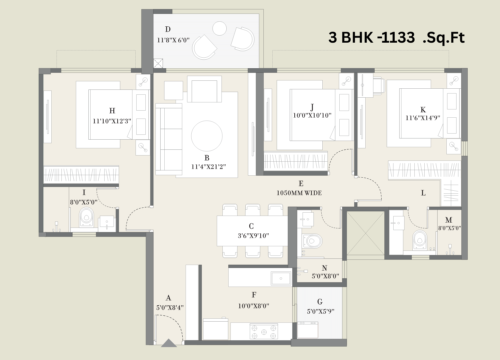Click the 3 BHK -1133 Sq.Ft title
pyautogui.click(x=396, y=37)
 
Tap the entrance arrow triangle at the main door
pyautogui.click(x=169, y=343)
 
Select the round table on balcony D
pyautogui.click(x=219, y=28)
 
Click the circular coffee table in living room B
pyautogui.click(x=207, y=136)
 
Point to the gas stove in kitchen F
pyautogui.click(x=264, y=331)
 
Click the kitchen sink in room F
pyautogui.click(x=281, y=278)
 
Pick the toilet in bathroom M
pyautogui.click(x=420, y=240)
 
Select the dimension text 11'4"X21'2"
pyautogui.click(x=208, y=167)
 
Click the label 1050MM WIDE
pyautogui.click(x=299, y=193)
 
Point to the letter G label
pyautogui.click(x=320, y=302)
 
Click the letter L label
pyautogui.click(x=423, y=193)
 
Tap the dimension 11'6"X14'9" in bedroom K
pyautogui.click(x=423, y=118)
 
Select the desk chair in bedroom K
pyautogui.click(x=379, y=85)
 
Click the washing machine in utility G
pyautogui.click(x=308, y=330)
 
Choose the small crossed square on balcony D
pyautogui.click(x=158, y=63)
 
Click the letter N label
pyautogui.click(x=325, y=268)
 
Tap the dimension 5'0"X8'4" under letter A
pyautogui.click(x=170, y=308)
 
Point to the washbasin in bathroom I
pyautogui.click(x=107, y=222)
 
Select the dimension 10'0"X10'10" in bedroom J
pyautogui.click(x=312, y=115)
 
